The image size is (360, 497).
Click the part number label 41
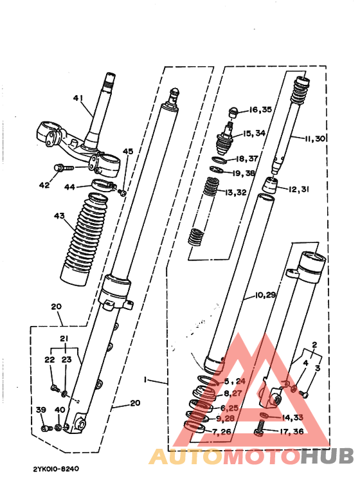[x=78, y=98]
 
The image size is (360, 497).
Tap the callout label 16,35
[x=260, y=110]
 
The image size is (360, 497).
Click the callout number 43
[x=60, y=216]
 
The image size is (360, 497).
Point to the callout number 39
[x=41, y=410]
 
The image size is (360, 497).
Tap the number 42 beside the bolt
[x=44, y=185]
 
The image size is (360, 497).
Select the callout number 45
[x=128, y=152]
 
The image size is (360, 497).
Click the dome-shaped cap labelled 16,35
[x=235, y=112]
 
